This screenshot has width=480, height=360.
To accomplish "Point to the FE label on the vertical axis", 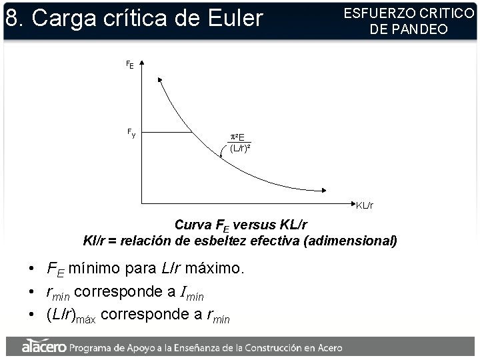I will pyautogui.click(x=130, y=65).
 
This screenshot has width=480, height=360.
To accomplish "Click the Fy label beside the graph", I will pyautogui.click(x=131, y=133).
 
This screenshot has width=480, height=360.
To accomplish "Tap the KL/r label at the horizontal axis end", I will pyautogui.click(x=364, y=206).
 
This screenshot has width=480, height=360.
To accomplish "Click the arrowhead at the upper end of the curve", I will pyautogui.click(x=161, y=80).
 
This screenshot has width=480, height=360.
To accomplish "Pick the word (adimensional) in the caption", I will pyautogui.click(x=350, y=240).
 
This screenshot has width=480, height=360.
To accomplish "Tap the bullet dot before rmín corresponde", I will pyautogui.click(x=32, y=292).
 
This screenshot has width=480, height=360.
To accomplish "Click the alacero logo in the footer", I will pyautogui.click(x=44, y=347).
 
